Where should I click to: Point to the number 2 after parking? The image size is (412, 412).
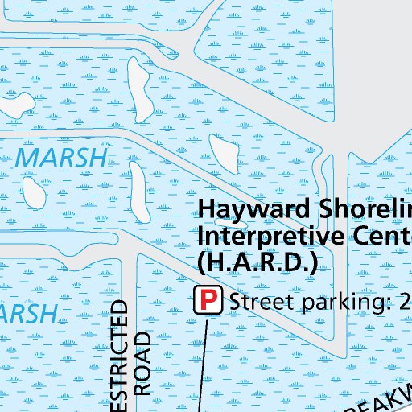point(404,301)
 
